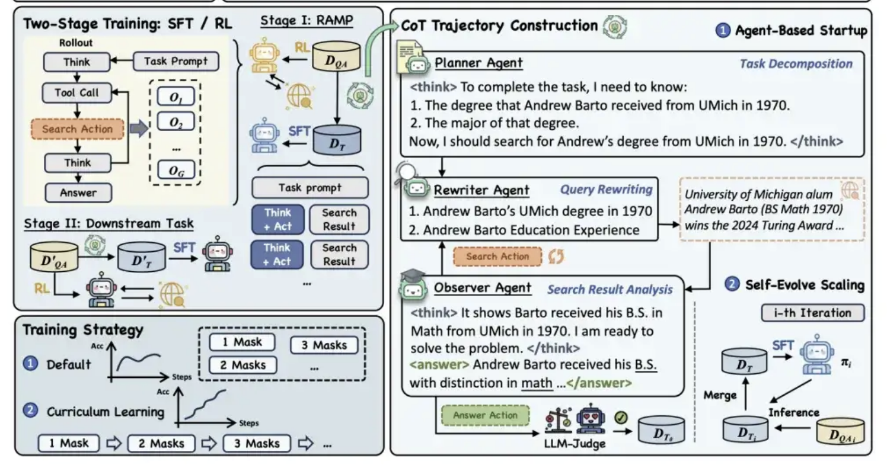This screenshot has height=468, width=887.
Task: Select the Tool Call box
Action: (x=78, y=92)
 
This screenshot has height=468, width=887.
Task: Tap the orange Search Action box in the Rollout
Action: (x=77, y=129)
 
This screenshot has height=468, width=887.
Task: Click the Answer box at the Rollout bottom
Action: (x=78, y=193)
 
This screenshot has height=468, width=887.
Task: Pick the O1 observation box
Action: (x=176, y=96)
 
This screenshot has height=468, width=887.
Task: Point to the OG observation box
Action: (x=176, y=171)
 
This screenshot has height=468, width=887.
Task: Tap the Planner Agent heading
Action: (x=479, y=63)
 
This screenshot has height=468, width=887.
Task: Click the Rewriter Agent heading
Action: (x=481, y=190)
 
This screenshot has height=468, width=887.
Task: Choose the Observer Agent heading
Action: (x=483, y=288)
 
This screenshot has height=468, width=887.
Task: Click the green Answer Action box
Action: (x=485, y=415)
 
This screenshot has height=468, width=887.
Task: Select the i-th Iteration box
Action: (x=812, y=313)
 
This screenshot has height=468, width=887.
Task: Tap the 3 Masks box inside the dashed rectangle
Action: (x=324, y=345)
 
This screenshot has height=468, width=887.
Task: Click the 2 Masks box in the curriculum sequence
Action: (x=161, y=443)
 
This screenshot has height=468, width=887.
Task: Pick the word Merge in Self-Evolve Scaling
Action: (x=719, y=395)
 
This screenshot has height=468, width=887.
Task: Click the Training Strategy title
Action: (x=82, y=330)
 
